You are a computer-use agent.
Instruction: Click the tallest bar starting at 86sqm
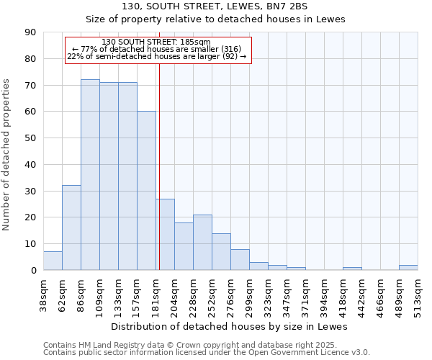(90, 175)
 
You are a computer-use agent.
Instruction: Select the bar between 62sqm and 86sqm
(71, 228)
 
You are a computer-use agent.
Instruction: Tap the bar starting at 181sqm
(165, 234)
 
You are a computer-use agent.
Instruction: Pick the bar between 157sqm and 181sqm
(146, 191)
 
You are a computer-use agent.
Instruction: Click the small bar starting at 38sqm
(53, 261)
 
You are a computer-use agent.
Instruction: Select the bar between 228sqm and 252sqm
(202, 242)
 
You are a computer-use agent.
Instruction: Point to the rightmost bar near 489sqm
(408, 267)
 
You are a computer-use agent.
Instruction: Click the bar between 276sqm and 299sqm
(240, 259)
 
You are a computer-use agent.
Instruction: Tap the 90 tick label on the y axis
(30, 32)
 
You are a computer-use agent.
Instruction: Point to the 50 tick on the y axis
(30, 138)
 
